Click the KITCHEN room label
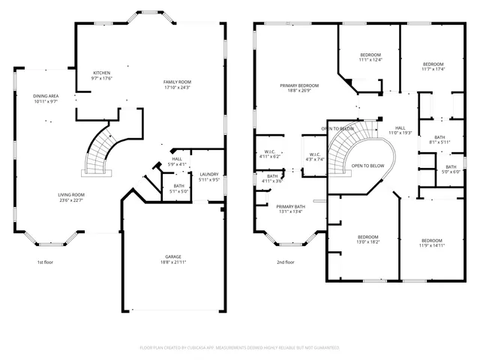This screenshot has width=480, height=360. click(100, 73)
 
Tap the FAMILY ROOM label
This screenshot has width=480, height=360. click(178, 82)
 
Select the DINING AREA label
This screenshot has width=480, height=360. click(46, 96)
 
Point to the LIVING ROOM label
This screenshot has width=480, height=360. click(71, 195)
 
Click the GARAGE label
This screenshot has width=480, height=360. click(172, 256)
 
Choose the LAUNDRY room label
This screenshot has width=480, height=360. click(209, 174)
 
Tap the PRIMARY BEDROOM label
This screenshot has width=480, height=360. click(299, 86)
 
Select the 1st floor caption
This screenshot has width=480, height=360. click(45, 262)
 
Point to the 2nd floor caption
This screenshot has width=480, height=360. click(285, 262)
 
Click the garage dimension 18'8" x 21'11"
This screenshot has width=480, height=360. click(172, 262)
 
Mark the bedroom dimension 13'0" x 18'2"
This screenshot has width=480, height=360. click(367, 242)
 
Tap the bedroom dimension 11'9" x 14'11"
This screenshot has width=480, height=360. click(431, 245)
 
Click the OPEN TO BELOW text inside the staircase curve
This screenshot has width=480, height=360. click(367, 166)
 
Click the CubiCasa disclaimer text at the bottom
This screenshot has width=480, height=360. click(239, 348)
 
